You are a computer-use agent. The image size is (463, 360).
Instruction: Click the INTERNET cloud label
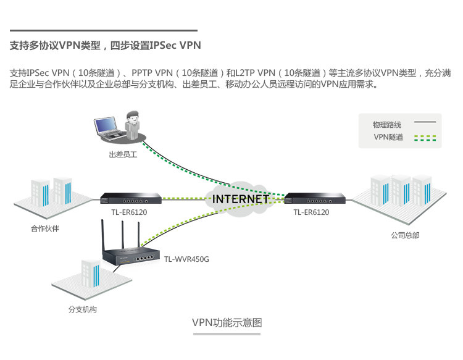240,199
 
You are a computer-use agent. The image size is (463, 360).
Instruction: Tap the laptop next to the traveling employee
107,127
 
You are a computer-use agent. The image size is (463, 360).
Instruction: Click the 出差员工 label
122,155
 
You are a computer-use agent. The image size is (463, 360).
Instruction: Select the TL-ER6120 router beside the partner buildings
131,198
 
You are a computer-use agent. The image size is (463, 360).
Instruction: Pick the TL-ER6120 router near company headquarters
314,198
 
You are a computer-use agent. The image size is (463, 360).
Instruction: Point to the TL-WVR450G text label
186,259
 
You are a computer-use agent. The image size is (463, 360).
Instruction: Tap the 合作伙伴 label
45,228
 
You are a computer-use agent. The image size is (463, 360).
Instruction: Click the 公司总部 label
404,235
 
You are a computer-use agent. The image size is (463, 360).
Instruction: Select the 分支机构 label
82,309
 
